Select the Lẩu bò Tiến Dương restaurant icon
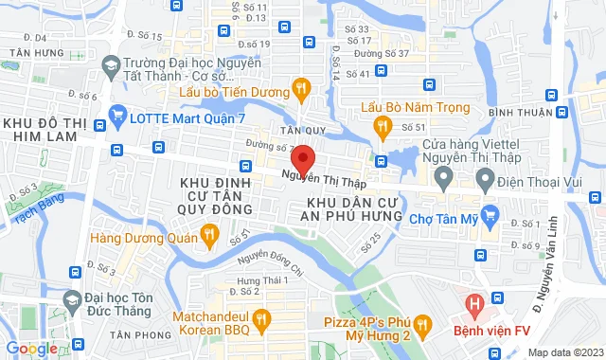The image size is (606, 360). click(300, 89)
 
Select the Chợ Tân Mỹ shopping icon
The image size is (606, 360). click(489, 217)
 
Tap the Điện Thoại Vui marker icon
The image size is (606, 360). click(484, 177)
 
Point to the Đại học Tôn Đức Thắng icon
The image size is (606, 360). click(71, 301)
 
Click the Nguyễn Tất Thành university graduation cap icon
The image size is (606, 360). click(112, 64)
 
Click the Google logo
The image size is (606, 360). click(31, 349)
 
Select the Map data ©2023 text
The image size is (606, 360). click(565, 352)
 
